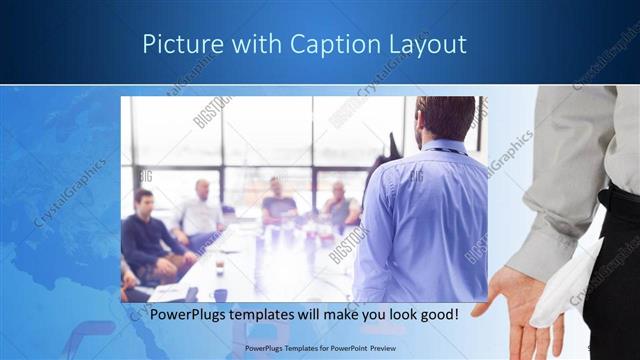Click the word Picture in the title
click(x=176, y=44)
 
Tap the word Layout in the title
click(x=423, y=44)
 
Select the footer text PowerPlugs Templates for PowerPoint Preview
click(x=319, y=349)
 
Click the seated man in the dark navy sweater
click(x=149, y=235)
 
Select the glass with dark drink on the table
click(x=219, y=268)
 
